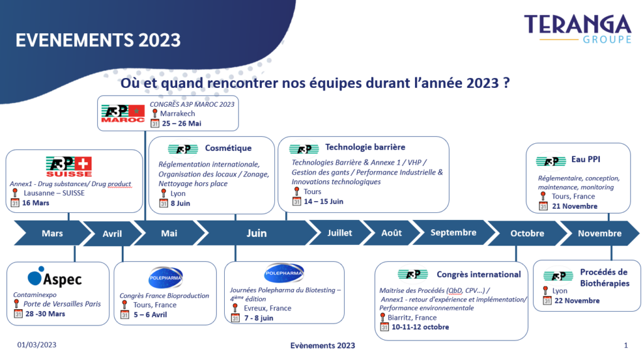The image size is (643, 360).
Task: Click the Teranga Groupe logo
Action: pos(578,29)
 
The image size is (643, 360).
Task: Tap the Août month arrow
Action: pos(392,232)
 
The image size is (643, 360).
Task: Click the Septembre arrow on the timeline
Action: pos(453,232)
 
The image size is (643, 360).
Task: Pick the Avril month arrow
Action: pos(112,233)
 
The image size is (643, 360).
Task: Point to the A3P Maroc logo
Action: pos(123,114)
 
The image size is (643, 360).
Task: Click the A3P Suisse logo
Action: pos(69,166)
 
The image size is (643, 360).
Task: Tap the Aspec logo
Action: pos(55,276)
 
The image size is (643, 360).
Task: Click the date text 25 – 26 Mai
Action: pos(181,124)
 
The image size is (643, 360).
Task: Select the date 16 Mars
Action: pos(36,203)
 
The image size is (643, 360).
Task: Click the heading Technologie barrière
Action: pos(365,147)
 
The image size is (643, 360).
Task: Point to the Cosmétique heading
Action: pos(229,148)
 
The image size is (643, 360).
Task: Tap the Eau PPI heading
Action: pos(586,160)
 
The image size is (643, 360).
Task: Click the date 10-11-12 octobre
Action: pos(420,327)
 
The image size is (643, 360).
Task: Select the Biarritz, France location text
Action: pos(412,317)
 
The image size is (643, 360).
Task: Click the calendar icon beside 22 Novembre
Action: pos(547,301)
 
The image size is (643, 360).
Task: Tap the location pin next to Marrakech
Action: pos(154,113)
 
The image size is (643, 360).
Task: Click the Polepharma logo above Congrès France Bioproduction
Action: pos(165,278)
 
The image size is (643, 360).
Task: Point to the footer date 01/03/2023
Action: pos(37,345)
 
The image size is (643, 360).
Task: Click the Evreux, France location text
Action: pos(267,308)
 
